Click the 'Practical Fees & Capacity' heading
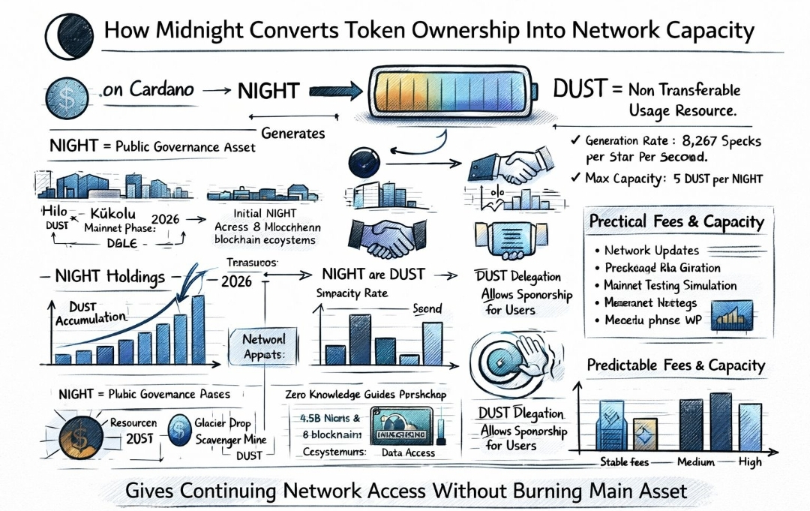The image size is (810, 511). (676, 222)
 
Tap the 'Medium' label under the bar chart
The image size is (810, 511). (695, 462)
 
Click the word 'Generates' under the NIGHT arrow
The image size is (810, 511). (293, 134)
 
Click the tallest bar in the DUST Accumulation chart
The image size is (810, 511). (198, 329)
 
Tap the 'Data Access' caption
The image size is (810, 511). (408, 452)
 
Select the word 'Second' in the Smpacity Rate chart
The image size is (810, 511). (428, 308)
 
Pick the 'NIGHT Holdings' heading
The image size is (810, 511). (109, 277)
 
